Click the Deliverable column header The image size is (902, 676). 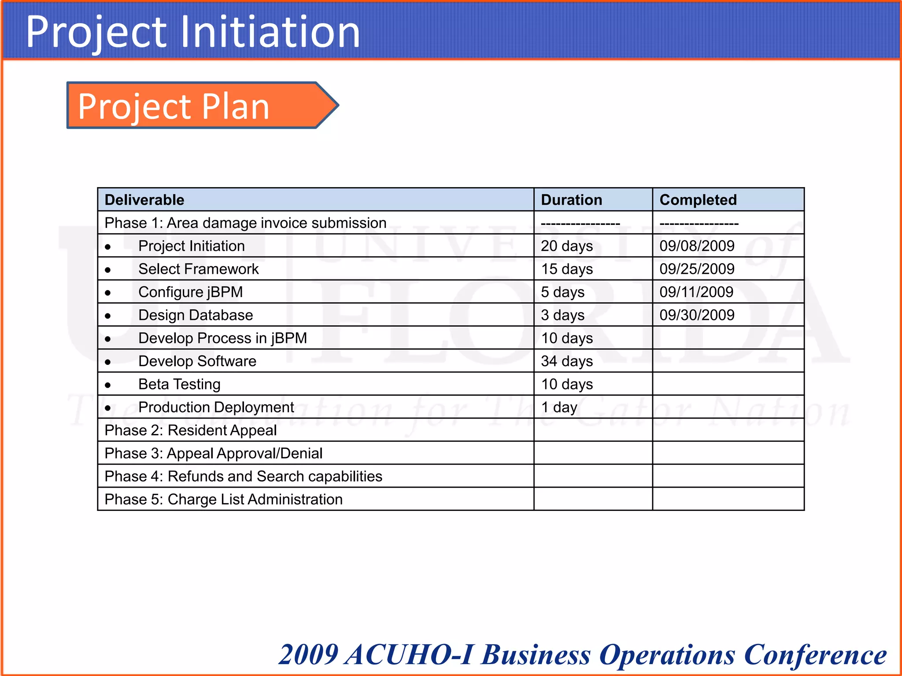click(144, 200)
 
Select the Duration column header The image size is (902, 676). click(571, 200)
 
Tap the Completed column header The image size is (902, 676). click(698, 200)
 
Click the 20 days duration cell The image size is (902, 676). click(567, 246)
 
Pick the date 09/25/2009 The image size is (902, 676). click(697, 269)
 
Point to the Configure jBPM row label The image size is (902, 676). click(190, 292)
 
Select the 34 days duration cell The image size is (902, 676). click(567, 361)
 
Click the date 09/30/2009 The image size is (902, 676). click(697, 315)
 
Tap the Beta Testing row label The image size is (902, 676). click(179, 384)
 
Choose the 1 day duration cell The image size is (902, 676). click(559, 408)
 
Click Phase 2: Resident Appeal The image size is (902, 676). click(191, 430)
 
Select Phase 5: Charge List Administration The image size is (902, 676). click(223, 500)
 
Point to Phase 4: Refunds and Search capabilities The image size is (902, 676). click(243, 477)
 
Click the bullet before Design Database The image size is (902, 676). click(108, 316)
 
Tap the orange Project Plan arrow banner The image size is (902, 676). click(194, 106)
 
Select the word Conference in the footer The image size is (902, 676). click(815, 654)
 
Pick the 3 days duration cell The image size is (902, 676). click(562, 315)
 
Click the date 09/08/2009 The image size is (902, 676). click(697, 246)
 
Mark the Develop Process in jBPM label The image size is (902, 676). click(222, 338)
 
